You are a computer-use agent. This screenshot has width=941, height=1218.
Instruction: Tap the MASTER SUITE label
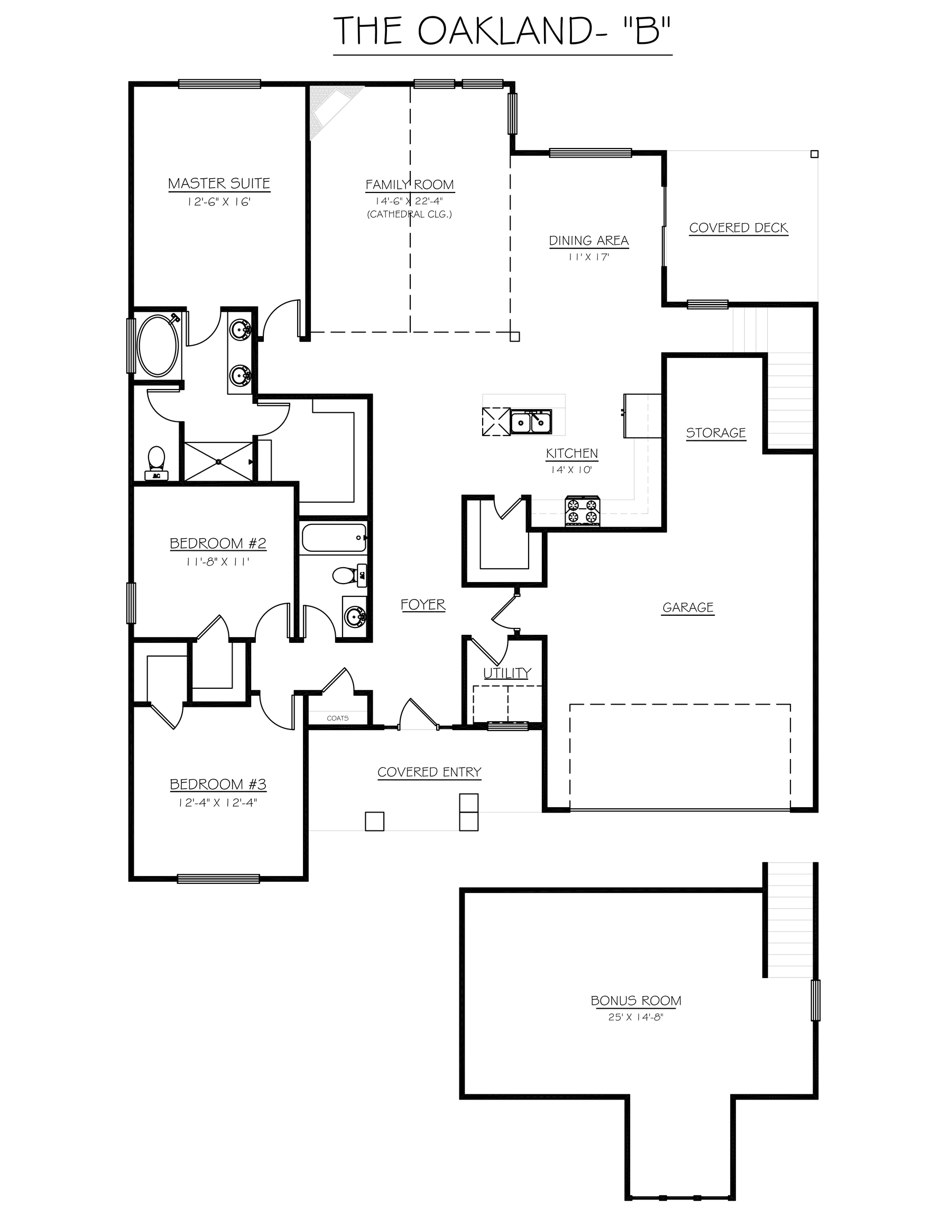point(219,183)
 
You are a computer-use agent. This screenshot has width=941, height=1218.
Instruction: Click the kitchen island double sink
point(530,422)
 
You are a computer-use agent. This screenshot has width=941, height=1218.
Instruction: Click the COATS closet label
point(337,718)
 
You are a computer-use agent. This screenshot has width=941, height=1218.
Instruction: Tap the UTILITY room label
point(506,673)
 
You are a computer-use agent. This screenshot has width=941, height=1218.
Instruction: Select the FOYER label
point(423,605)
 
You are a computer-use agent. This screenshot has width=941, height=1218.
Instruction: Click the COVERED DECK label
point(738,227)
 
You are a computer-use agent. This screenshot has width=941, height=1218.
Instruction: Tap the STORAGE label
point(716,433)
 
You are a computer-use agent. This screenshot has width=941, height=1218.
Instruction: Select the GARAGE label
point(688,607)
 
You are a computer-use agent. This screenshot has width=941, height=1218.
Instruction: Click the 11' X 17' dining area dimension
point(588,257)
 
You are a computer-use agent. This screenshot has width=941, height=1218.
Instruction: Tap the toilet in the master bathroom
point(155,460)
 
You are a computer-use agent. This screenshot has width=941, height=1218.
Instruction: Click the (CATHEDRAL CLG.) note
point(409,214)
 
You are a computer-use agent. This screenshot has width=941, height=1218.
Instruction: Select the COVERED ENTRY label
point(429,772)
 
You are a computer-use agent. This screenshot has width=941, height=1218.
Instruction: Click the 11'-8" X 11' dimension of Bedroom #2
point(217,561)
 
